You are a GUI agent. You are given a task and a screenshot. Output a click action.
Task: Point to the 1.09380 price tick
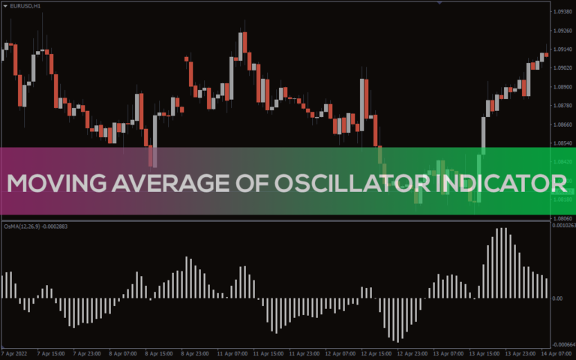[x=562, y=13]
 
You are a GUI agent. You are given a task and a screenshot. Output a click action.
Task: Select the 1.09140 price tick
[x=562, y=49]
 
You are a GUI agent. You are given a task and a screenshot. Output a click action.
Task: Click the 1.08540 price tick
[x=562, y=142]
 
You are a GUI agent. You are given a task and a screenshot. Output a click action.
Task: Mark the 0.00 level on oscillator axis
[x=557, y=298]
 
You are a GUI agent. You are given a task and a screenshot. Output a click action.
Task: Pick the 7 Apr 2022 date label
[x=14, y=352]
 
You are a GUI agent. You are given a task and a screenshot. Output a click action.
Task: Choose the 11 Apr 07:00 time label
[x=232, y=352]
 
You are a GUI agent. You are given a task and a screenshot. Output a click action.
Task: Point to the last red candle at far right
[x=547, y=54]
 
